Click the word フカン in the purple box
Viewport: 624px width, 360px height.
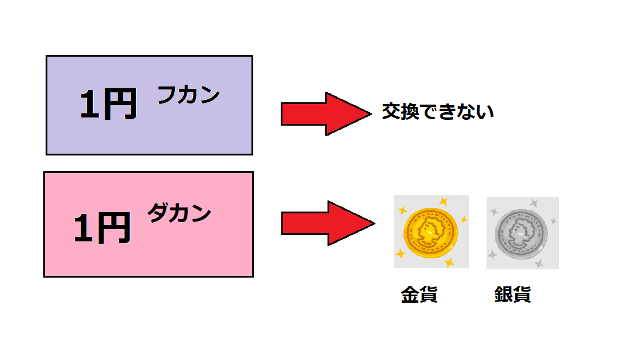(x=188, y=96)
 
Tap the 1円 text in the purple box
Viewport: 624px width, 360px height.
(x=108, y=106)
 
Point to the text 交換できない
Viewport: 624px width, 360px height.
(x=437, y=112)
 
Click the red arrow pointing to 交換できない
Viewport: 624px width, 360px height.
(x=325, y=113)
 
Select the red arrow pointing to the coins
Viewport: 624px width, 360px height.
(x=327, y=223)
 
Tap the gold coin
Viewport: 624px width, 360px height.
(x=430, y=233)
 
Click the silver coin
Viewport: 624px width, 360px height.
(x=522, y=233)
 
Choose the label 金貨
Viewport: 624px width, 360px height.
(x=419, y=295)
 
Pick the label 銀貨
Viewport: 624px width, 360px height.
(x=512, y=295)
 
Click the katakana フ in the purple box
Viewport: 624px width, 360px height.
(x=167, y=96)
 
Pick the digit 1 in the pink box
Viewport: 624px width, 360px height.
(x=84, y=228)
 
